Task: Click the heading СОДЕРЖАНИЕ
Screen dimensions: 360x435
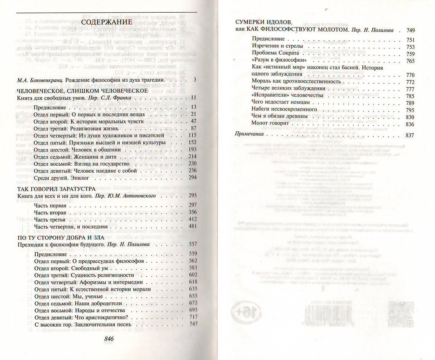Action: point(106,22)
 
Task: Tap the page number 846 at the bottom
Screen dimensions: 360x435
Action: point(109,338)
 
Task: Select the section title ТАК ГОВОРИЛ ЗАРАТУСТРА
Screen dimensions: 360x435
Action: point(56,189)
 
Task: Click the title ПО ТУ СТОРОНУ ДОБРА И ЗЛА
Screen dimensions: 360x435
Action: point(61,238)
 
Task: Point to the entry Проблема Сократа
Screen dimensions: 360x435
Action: point(275,53)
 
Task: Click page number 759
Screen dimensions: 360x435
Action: point(410,54)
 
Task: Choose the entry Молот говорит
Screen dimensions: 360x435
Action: point(270,123)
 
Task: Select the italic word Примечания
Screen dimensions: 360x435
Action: point(249,134)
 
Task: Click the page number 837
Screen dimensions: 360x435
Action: point(410,135)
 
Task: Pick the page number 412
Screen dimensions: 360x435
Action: point(193,219)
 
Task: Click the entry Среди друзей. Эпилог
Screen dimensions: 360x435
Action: point(61,178)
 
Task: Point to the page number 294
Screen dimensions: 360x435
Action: point(193,178)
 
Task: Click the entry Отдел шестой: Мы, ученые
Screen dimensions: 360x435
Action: point(69,296)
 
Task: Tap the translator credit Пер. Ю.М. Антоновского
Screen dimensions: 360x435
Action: point(125,196)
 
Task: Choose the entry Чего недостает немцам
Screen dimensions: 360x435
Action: point(281,102)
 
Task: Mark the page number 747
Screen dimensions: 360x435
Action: point(193,324)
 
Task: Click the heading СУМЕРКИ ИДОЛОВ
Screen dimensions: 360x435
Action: point(264,22)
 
